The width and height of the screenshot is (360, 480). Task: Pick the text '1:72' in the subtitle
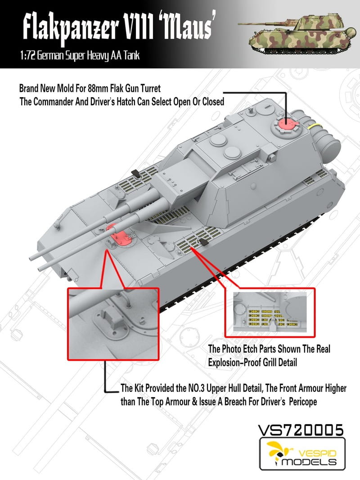[27, 57]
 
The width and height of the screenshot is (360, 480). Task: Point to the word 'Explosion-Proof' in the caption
[234, 360]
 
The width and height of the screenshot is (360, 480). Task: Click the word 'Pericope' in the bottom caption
[301, 402]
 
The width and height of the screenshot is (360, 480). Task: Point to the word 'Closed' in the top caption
[210, 101]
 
